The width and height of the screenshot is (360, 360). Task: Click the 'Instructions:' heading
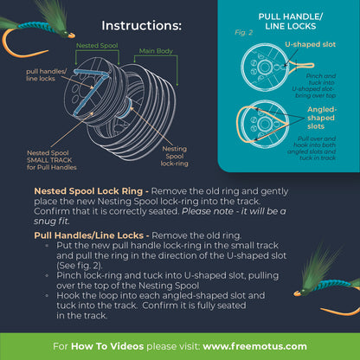pos(141,26)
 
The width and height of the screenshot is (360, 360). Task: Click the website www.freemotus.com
pos(259,345)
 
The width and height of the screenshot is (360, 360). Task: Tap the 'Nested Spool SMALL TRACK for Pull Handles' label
pos(51,158)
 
